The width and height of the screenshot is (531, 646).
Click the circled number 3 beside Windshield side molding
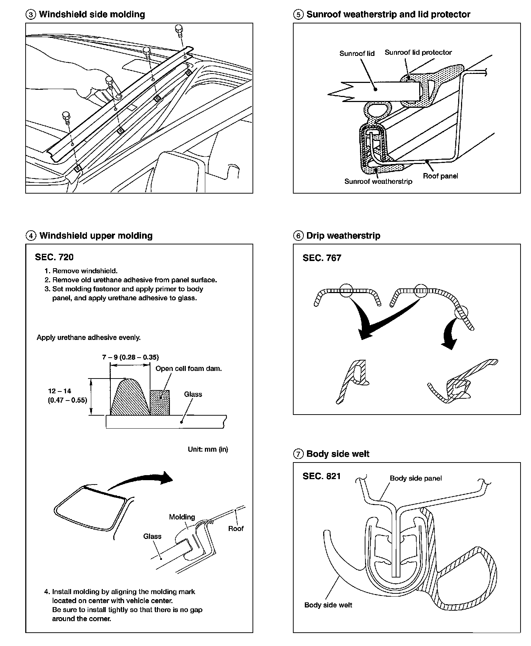(x=31, y=15)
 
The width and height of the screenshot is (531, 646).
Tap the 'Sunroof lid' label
(x=357, y=54)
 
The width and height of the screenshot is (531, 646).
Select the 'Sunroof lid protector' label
(x=418, y=53)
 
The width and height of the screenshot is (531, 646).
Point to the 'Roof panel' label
(x=440, y=176)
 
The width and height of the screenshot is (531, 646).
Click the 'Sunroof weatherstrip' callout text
(x=378, y=181)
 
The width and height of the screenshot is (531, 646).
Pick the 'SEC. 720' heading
(x=54, y=257)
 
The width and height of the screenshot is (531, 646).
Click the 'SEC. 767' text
(x=322, y=258)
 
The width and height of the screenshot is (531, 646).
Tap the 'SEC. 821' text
(x=321, y=476)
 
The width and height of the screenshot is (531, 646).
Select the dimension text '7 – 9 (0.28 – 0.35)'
(x=130, y=357)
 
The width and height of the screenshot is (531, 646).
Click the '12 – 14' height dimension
(x=59, y=391)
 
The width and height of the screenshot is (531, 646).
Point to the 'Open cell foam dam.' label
(x=188, y=368)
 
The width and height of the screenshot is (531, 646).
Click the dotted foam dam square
(x=159, y=402)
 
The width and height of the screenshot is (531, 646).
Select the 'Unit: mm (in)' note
(x=208, y=449)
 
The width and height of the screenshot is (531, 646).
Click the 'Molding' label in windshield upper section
(x=182, y=517)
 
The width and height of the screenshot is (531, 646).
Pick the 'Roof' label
(x=236, y=528)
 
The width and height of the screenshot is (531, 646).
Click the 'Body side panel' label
(x=416, y=478)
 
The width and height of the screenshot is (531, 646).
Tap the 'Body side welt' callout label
(x=328, y=605)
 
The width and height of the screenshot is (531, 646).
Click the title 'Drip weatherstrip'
(x=343, y=236)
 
